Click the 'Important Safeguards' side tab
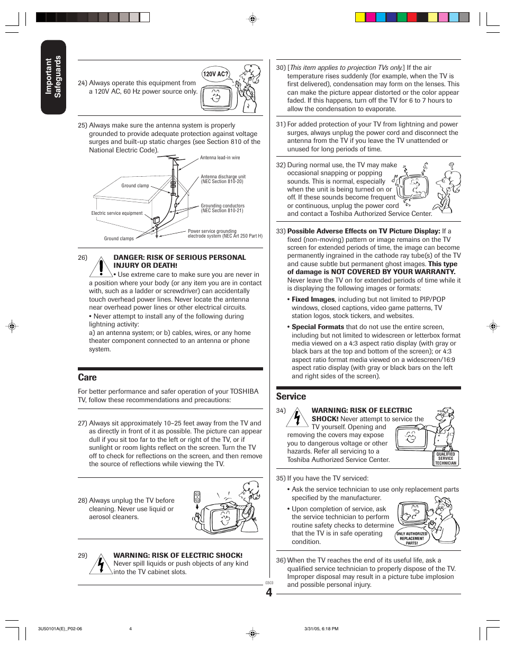tap(53, 77)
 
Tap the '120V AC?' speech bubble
tap(215, 74)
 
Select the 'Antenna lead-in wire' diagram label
tap(220, 158)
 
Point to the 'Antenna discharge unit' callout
tap(223, 179)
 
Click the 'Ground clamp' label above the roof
tap(135, 186)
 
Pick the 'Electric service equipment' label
tap(117, 213)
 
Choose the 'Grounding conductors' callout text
tap(222, 208)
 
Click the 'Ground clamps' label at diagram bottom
tap(119, 239)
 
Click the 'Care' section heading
tap(87, 377)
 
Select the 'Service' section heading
tap(291, 396)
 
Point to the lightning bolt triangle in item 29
tap(100, 565)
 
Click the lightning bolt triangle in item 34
tap(297, 418)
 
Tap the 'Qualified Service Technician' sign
tap(446, 458)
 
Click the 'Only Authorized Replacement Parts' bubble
tap(412, 538)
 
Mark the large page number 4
tap(269, 593)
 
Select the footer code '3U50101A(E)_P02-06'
tap(60, 629)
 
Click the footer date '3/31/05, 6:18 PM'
tap(321, 629)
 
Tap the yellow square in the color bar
tap(360, 17)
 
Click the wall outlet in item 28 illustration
tap(197, 497)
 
